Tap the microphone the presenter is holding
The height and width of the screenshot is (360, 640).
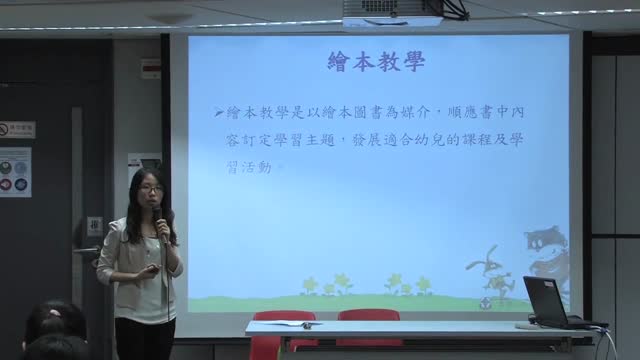[156, 219]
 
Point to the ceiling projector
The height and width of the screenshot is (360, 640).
[392, 12]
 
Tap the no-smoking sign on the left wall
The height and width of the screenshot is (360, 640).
[16, 130]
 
